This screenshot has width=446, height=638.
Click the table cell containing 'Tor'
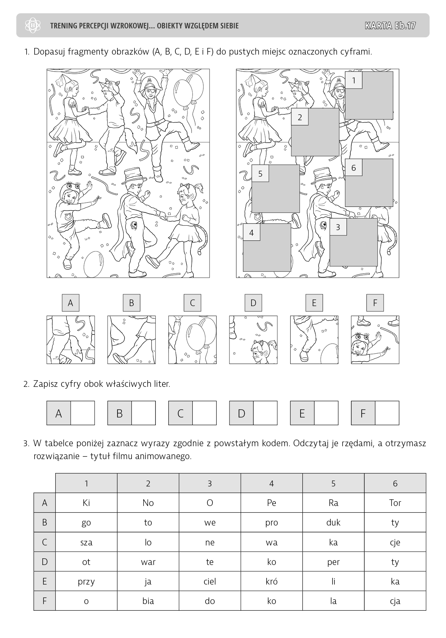point(395,503)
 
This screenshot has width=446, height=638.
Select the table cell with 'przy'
point(86,582)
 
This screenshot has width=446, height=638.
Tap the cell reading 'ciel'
point(210,582)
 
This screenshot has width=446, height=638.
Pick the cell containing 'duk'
point(333,523)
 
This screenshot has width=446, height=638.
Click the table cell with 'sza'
point(86,542)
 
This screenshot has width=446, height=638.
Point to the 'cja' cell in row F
point(395,601)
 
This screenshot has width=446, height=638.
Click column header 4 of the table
point(271,483)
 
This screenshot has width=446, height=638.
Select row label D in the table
point(45,562)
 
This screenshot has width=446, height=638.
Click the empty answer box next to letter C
point(204,413)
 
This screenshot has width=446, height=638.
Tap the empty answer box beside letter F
point(387,413)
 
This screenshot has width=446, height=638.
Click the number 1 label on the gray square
point(354,80)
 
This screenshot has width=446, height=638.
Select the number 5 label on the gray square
point(260,174)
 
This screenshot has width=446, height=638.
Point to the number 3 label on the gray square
point(338,227)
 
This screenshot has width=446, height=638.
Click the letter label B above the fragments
point(131,303)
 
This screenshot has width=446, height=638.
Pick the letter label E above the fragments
point(314,303)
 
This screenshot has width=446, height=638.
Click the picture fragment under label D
point(253,340)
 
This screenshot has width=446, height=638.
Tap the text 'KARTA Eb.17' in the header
point(390,25)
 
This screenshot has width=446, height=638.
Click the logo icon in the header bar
point(34,25)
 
